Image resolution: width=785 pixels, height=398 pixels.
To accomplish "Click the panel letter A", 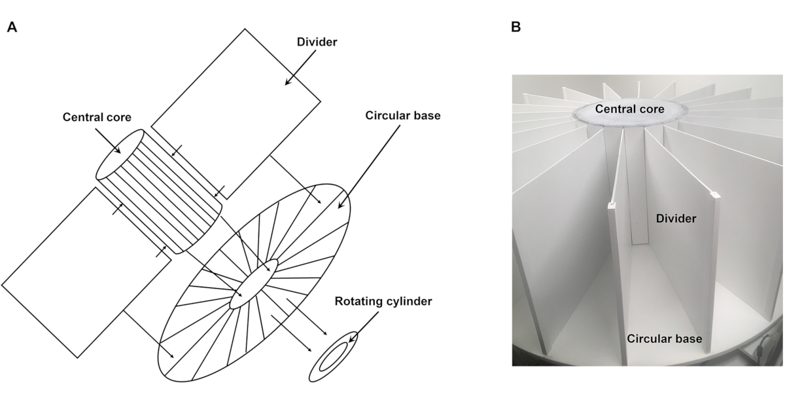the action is [12, 27].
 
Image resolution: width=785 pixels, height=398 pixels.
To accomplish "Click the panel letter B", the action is [516, 27].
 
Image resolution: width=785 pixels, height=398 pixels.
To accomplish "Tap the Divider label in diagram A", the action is [317, 42].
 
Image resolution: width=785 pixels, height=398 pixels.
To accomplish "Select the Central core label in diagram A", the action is [97, 117].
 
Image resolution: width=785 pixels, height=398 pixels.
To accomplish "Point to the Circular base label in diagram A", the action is [403, 115].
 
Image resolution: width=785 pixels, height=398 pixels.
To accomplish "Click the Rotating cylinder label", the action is [383, 301].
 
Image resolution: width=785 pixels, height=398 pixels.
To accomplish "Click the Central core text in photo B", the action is [629, 109].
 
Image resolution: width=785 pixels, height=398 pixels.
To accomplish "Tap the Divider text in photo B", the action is [676, 219].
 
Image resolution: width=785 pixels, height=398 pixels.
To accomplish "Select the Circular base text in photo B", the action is [665, 338].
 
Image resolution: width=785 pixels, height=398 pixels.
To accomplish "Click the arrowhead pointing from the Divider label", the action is [288, 82].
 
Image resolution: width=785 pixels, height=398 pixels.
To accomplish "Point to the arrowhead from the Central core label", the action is [118, 151].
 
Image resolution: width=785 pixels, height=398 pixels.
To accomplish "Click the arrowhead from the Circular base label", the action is [340, 205].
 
